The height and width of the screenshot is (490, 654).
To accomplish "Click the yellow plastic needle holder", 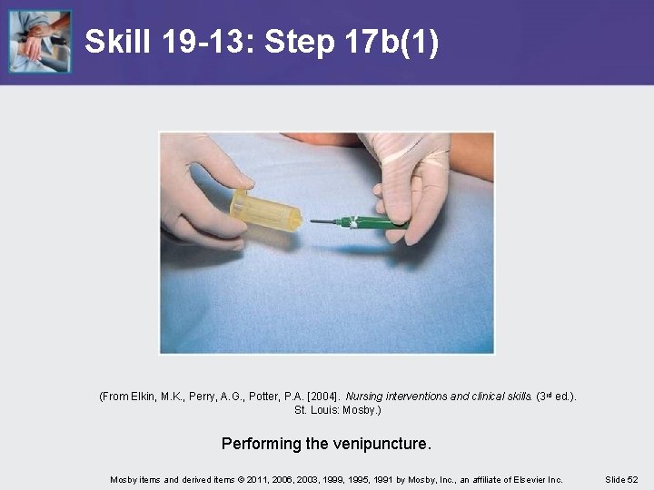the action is click(x=265, y=211).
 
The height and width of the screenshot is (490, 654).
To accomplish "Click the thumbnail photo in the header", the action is click(x=40, y=41).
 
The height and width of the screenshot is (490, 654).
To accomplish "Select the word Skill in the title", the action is click(x=117, y=41).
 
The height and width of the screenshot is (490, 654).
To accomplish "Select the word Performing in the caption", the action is click(x=261, y=444).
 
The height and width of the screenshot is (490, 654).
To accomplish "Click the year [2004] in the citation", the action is click(x=322, y=397).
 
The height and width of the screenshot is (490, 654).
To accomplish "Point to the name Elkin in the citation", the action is click(x=144, y=397).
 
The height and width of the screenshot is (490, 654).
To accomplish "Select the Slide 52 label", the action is click(x=621, y=480).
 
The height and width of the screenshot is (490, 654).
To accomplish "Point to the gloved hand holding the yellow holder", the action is click(x=203, y=191).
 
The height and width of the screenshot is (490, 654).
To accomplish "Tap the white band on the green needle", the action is click(x=353, y=222).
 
